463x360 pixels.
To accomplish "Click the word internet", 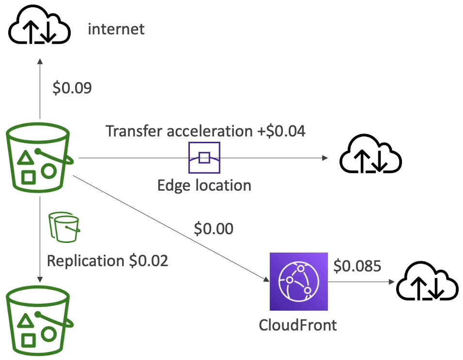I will [116, 29].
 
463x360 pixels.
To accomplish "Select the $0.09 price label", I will [72, 88].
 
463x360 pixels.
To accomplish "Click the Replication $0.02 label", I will [107, 261].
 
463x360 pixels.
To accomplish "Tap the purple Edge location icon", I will [204, 158].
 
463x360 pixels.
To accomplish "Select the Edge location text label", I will [204, 185].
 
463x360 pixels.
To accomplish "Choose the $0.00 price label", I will [214, 228].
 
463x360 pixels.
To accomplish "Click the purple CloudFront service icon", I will [299, 281].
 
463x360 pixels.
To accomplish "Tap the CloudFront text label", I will [298, 325].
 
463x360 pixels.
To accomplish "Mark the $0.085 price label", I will [357, 265].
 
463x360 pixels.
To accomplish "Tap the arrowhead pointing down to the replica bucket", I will [40, 280].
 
